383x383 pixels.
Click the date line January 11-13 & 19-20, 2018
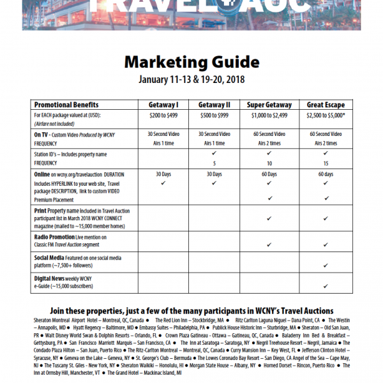(191, 80)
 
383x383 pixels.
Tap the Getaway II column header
(214, 105)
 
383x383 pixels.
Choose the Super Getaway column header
(270, 105)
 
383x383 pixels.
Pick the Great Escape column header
(326, 105)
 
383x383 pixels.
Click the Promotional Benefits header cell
(66, 105)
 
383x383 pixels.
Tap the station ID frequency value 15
(326, 163)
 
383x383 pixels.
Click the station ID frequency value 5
(214, 163)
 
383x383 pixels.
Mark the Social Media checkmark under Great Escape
(326, 264)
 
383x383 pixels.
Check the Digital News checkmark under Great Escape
(326, 287)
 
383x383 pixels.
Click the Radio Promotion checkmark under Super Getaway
(270, 244)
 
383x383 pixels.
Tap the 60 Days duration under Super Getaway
(270, 174)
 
